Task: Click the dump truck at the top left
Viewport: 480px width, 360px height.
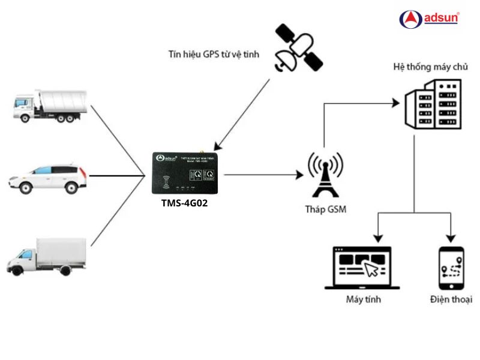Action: [50, 106]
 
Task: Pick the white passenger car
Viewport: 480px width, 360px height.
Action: [47, 178]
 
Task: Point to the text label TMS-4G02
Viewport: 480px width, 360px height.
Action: [184, 203]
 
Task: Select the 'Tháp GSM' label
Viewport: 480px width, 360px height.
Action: [325, 210]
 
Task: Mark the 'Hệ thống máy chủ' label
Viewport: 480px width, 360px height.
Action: [430, 66]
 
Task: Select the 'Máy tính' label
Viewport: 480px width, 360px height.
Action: [363, 299]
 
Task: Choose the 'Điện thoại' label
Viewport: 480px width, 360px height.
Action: [451, 299]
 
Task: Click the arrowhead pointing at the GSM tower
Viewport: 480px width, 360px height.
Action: [299, 175]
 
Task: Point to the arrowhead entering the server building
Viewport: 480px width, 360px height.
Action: [396, 104]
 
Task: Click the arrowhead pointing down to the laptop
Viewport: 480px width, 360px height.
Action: [378, 238]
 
